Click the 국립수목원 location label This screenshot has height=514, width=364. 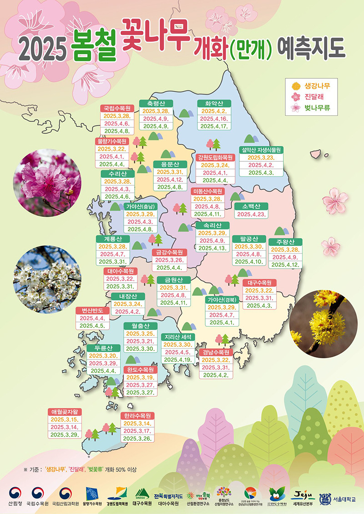[x=117, y=108]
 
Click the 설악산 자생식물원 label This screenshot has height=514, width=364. [x=261, y=150]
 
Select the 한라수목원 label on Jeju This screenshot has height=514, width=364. [x=138, y=415]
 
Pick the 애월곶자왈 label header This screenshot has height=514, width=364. [x=66, y=412]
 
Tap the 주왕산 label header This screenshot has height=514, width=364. [x=285, y=242]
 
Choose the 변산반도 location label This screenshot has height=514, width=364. [x=92, y=311]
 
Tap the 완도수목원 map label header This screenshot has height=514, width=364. [x=142, y=370]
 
